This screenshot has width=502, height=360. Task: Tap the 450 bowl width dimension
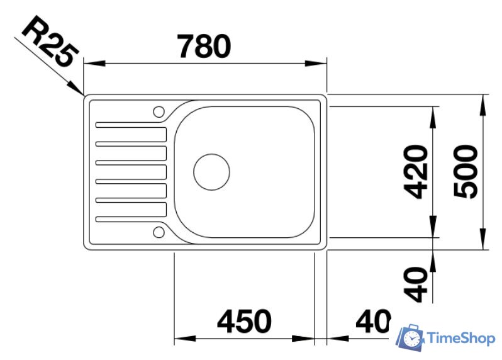click(x=244, y=322)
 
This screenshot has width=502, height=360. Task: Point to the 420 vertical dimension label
click(x=416, y=172)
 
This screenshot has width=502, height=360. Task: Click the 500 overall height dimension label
click(x=466, y=172)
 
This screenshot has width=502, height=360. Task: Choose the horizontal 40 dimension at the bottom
click(x=373, y=322)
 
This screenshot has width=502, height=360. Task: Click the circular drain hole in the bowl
click(x=211, y=172)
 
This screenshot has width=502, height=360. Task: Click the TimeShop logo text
click(x=460, y=339)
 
